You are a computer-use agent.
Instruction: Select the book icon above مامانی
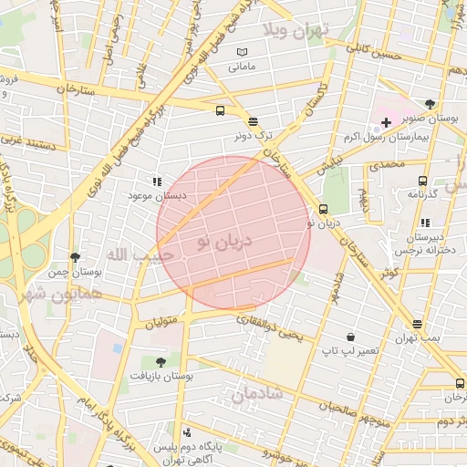[x=242, y=53]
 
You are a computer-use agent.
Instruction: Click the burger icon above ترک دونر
[x=253, y=120]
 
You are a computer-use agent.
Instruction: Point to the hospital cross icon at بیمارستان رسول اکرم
[x=387, y=122]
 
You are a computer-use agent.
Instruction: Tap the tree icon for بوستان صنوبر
[x=430, y=104]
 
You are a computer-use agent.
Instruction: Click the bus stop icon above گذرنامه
[x=421, y=181]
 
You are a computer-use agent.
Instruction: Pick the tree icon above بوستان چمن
[x=75, y=257]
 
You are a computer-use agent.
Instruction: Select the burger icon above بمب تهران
[x=417, y=324]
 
